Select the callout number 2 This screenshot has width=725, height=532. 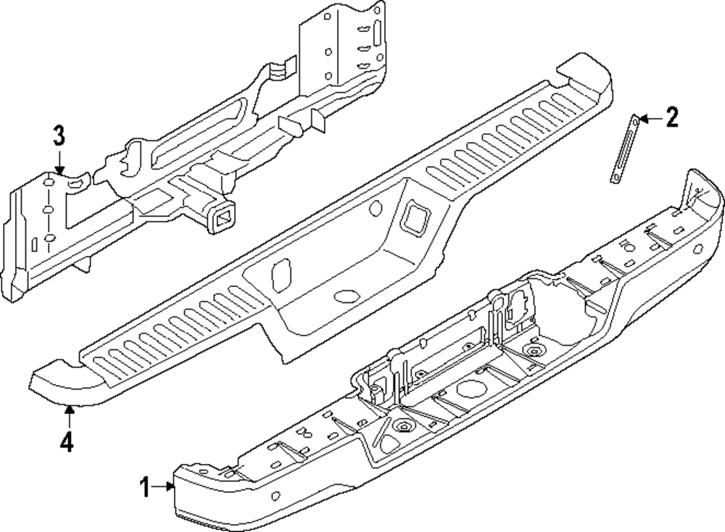672,117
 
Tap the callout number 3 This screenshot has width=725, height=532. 59,136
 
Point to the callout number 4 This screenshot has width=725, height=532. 67,441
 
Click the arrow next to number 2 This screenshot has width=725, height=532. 649,118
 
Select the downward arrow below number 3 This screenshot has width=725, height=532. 59,163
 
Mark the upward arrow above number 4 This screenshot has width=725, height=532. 69,415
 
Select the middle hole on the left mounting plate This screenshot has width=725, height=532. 48,210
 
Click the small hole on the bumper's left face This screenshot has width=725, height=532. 276,497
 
